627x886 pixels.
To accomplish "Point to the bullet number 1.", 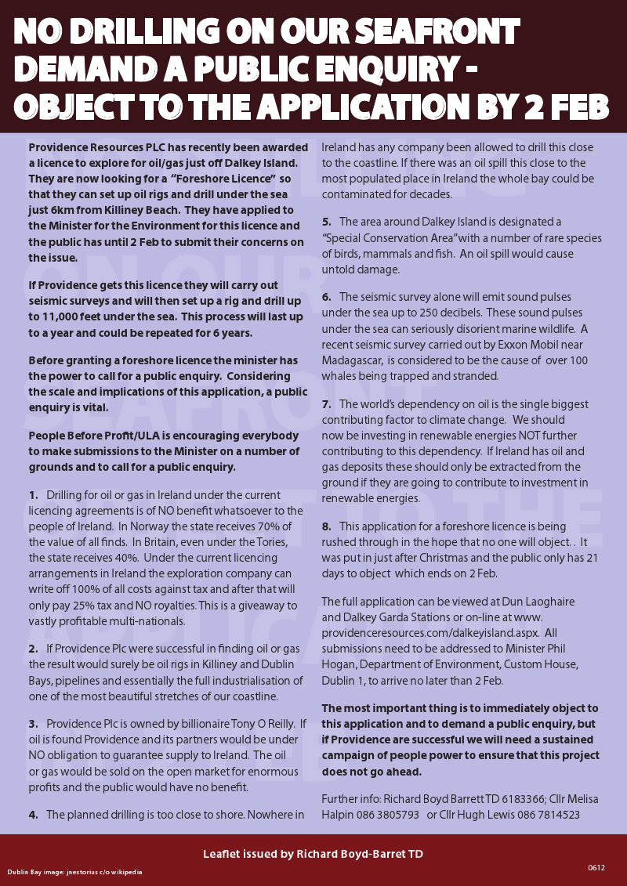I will [x=33, y=495].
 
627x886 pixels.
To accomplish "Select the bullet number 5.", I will [x=326, y=222].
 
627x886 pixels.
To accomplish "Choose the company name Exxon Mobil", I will [x=520, y=345].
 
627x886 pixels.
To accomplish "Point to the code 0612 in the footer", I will [x=596, y=866].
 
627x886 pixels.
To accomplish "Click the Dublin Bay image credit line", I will [x=75, y=871].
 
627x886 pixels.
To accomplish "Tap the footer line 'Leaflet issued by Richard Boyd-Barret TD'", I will [x=313, y=853].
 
